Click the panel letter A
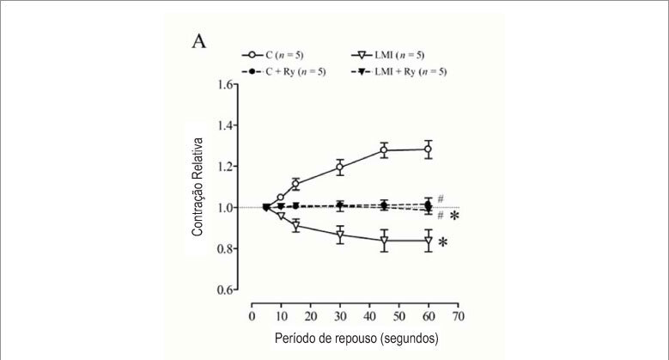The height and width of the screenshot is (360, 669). pos(199,41)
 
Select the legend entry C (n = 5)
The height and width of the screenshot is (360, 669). pos(273,55)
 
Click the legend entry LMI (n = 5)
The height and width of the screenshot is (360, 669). pos(388,55)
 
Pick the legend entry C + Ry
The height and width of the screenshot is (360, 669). pos(283,71)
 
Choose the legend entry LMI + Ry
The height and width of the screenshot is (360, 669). pos(399,71)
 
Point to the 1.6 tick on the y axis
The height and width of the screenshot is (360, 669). pos(225,84)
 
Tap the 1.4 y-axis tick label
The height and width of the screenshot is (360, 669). pos(225,125)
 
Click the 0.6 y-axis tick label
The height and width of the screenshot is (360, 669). pos(225,290)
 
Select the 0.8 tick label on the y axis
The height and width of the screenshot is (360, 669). pos(225,248)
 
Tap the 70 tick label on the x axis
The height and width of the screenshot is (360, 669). pos(459,316)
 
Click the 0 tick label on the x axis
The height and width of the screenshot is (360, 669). pos(252,316)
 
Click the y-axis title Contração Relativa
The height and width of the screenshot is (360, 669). pos(198,187)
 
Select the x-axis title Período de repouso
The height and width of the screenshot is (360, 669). pos(325,339)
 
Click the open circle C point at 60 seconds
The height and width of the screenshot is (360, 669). pos(428,149)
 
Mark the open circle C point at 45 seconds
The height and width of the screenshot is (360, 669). pos(384,149)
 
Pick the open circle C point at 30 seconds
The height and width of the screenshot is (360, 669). pos(340,167)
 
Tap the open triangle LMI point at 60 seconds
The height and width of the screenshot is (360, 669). pos(428,241)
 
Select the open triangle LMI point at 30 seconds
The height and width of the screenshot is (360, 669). pos(340,235)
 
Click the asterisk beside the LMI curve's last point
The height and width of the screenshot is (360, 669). pos(443,242)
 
